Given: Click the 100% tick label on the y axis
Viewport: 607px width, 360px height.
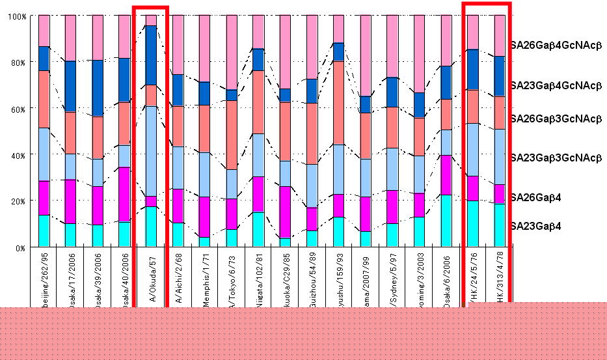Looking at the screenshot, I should click(x=18, y=16).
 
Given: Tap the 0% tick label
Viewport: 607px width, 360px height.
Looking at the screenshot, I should click(x=21, y=248).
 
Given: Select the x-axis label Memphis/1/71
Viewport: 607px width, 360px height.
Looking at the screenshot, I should click(x=204, y=280).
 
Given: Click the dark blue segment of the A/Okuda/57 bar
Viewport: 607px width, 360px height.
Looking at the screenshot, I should click(x=150, y=55).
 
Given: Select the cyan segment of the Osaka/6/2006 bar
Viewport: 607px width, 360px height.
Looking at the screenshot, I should click(x=445, y=221).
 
